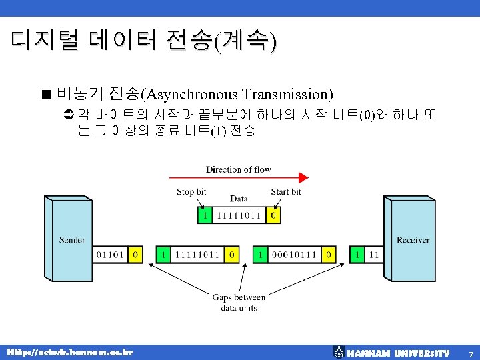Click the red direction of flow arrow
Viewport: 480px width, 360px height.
pyautogui.click(x=239, y=177)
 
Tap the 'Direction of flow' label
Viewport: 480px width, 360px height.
pyautogui.click(x=238, y=169)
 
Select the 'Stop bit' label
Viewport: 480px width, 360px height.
pyautogui.click(x=191, y=192)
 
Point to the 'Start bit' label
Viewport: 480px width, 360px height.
pyautogui.click(x=286, y=192)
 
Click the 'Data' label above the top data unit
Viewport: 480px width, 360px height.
pyautogui.click(x=239, y=199)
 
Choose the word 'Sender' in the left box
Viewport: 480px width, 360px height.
pyautogui.click(x=72, y=240)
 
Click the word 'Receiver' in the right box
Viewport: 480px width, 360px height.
pyautogui.click(x=413, y=240)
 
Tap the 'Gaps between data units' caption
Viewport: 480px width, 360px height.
pyautogui.click(x=239, y=303)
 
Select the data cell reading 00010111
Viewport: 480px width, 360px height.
pyautogui.click(x=294, y=255)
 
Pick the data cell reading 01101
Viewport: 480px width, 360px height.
pyautogui.click(x=110, y=255)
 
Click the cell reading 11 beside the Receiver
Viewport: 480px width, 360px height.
pyautogui.click(x=373, y=255)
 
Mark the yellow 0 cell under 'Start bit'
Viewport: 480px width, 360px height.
pyautogui.click(x=273, y=215)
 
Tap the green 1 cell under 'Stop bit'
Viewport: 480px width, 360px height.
pyautogui.click(x=205, y=215)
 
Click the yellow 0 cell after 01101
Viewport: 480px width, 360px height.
pyautogui.click(x=135, y=255)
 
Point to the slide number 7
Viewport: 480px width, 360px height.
pyautogui.click(x=471, y=353)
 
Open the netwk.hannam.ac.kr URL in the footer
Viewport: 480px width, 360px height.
pyautogui.click(x=69, y=351)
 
